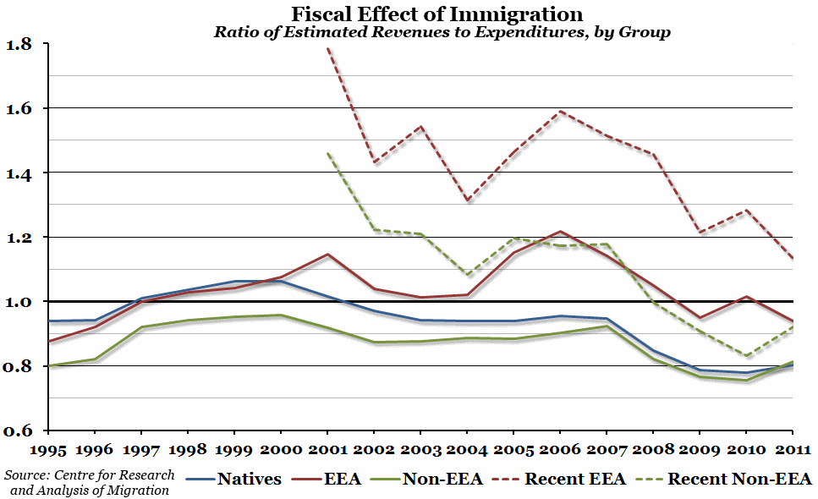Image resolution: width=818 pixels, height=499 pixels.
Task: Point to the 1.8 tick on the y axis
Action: pyautogui.click(x=22, y=44)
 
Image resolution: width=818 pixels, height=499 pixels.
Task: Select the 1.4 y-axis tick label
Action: pyautogui.click(x=22, y=173)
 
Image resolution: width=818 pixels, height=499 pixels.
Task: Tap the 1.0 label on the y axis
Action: pyautogui.click(x=22, y=302)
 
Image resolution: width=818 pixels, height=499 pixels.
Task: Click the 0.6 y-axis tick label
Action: pyautogui.click(x=22, y=430)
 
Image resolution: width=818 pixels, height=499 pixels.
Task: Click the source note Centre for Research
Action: pyautogui.click(x=89, y=482)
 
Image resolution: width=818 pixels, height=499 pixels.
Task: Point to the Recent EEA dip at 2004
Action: pyautogui.click(x=466, y=200)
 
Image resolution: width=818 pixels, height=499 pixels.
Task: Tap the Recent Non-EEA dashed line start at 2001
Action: pyautogui.click(x=327, y=153)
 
